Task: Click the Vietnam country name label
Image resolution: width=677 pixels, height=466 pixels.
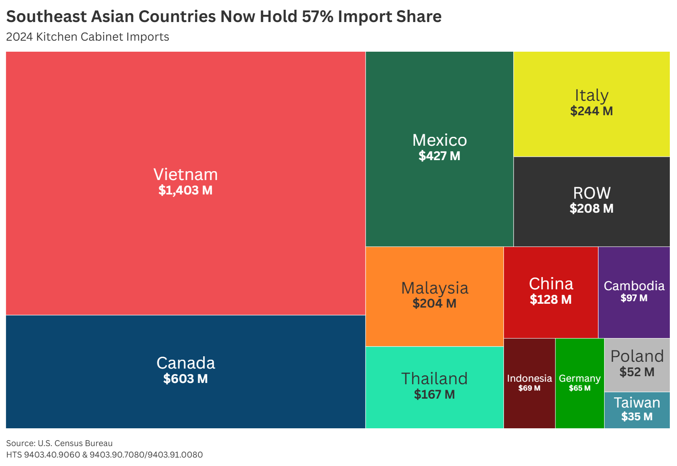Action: pos(185,175)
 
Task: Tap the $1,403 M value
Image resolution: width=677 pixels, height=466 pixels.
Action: pos(185,190)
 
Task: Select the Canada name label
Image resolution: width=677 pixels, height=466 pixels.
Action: pos(185,363)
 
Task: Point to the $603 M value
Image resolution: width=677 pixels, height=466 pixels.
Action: pos(185,379)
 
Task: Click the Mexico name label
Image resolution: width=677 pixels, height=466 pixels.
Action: pos(440,140)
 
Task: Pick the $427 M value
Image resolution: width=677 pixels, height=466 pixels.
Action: pos(439,156)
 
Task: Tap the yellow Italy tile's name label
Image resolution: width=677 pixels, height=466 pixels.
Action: pos(592,95)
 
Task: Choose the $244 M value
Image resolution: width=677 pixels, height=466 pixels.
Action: pos(592,111)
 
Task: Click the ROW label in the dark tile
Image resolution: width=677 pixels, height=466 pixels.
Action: pos(592,193)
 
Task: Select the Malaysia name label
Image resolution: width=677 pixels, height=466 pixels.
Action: pos(435,288)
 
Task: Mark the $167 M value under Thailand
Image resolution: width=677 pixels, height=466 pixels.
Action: pos(435,394)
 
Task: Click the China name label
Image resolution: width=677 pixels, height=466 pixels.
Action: pos(551,284)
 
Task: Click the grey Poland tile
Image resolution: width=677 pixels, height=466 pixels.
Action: pos(637,364)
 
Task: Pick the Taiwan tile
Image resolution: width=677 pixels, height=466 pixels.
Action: pos(637,410)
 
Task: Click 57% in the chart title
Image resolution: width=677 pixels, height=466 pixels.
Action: pos(317,17)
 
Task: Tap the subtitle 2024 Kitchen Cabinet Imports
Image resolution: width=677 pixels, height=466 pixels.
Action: pos(88,37)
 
